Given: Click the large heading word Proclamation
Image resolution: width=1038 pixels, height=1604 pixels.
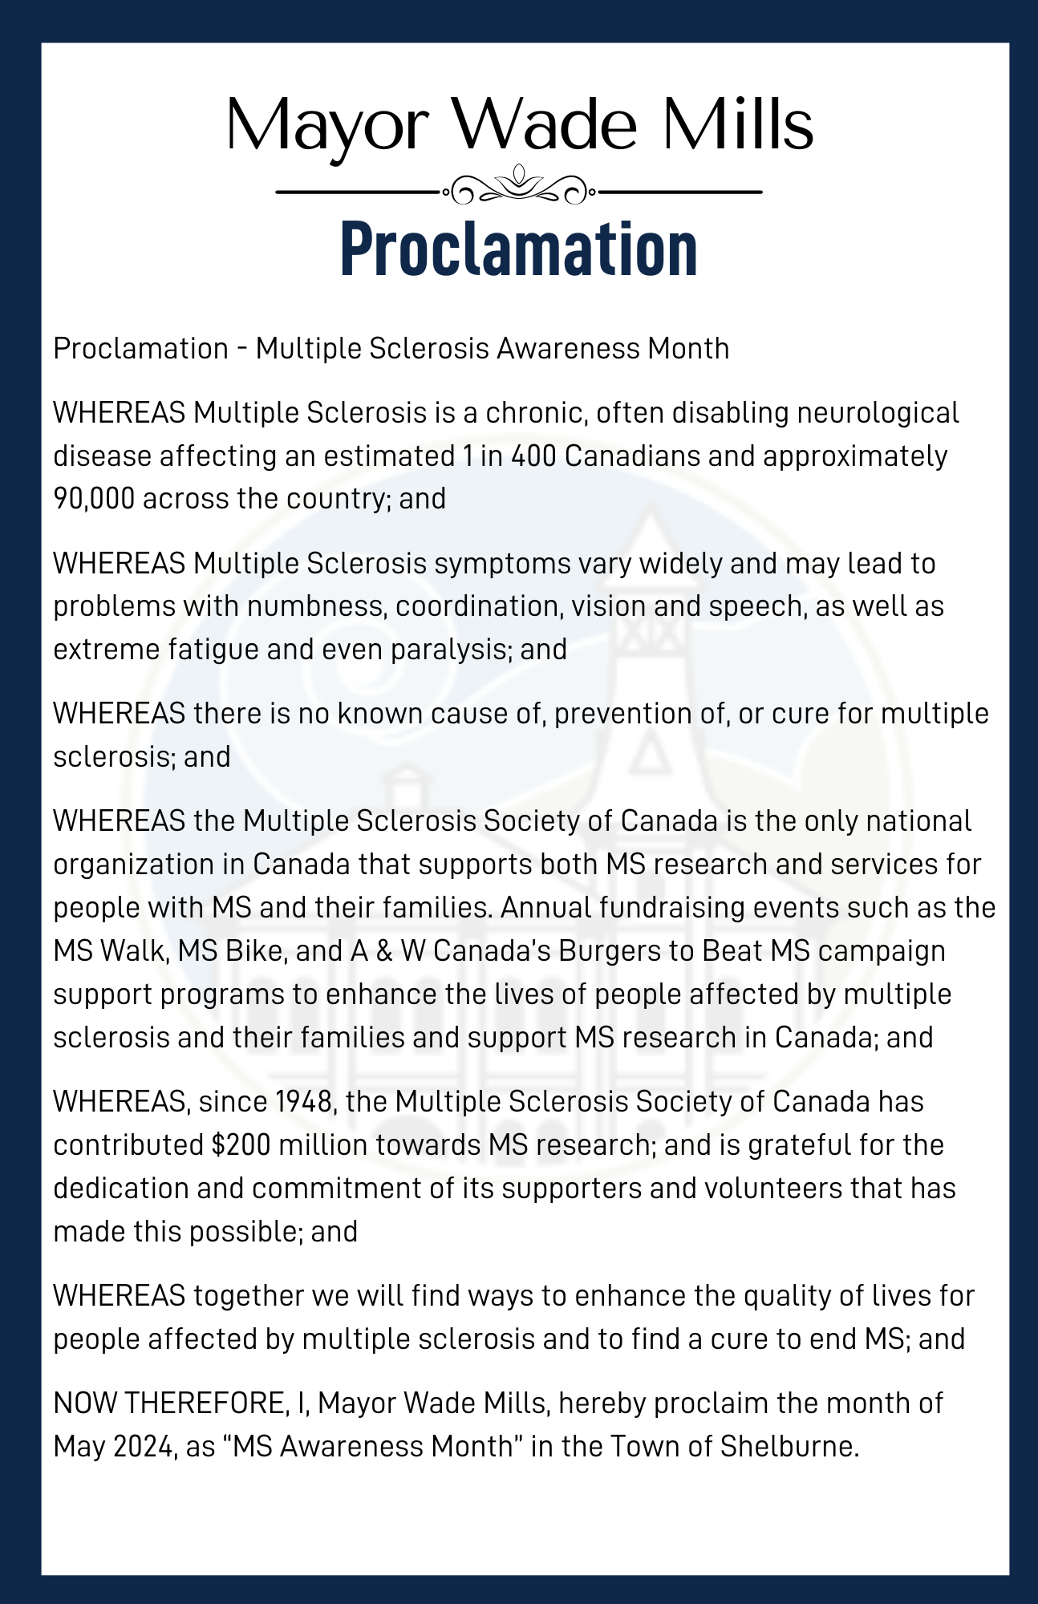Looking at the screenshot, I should point(518,249).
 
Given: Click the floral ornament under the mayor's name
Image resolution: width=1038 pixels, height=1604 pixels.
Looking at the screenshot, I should point(518,186).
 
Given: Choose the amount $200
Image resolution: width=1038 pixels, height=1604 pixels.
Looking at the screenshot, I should point(241,1145).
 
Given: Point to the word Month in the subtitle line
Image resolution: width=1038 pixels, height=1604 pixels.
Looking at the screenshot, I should point(689,349).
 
